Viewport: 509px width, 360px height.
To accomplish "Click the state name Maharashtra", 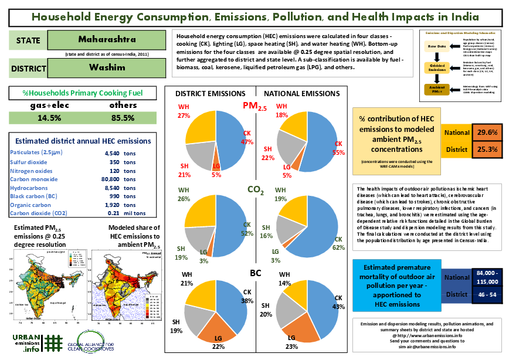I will point(107,40).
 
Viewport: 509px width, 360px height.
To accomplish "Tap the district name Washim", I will point(107,67).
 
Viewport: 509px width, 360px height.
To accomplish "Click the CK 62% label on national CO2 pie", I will point(338,243).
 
